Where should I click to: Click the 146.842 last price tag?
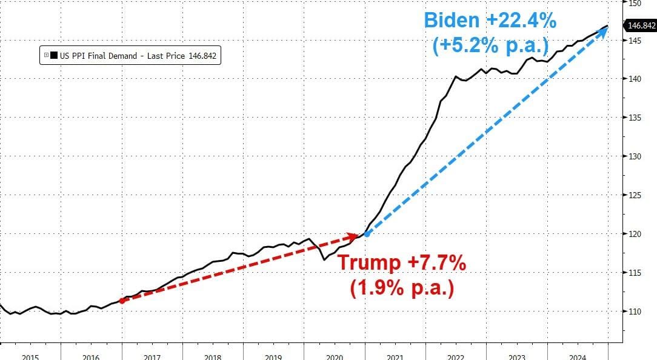[642, 25]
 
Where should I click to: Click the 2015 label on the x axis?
[30, 356]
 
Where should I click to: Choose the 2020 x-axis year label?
[335, 356]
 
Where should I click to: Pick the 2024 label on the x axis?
[578, 356]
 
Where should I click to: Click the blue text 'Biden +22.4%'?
[490, 20]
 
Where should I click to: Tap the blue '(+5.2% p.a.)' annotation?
[490, 45]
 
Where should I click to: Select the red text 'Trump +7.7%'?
[402, 263]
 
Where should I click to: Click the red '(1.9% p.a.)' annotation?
[402, 288]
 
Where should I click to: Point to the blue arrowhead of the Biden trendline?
[604, 30]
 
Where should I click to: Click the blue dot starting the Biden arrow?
[367, 233]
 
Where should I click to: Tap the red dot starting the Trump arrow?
[122, 300]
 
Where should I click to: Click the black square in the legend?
[54, 56]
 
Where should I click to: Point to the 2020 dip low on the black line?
[324, 259]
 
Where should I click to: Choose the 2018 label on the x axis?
[213, 356]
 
